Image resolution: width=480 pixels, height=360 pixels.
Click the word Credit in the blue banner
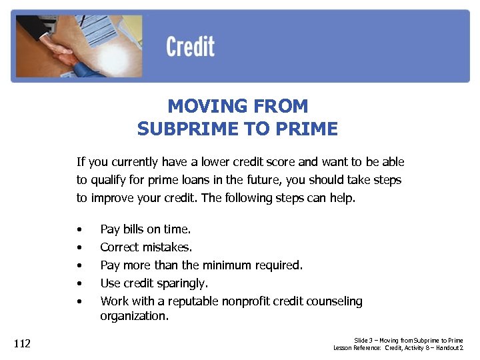pos(190,47)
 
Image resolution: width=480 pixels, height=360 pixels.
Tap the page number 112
pos(22,344)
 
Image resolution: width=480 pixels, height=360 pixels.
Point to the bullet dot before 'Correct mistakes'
pos(79,248)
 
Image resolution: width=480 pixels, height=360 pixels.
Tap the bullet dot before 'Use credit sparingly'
pos(79,284)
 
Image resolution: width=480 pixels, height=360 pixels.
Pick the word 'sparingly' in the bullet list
pos(184,283)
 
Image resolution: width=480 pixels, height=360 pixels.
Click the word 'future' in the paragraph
pos(269,180)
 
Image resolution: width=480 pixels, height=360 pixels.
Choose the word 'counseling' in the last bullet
pos(333,301)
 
